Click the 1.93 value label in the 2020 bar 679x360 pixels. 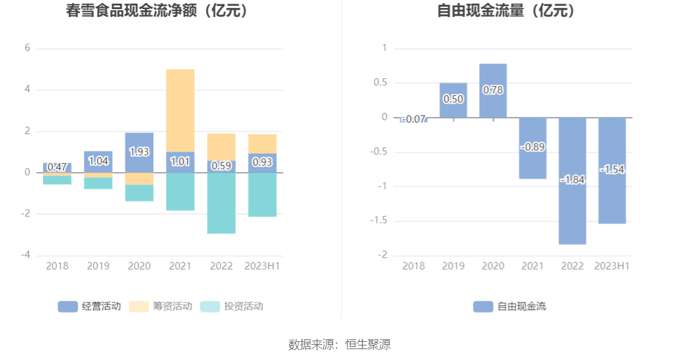pyautogui.click(x=139, y=152)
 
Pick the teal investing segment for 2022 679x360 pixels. pyautogui.click(x=221, y=203)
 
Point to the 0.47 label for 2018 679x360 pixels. pyautogui.click(x=57, y=167)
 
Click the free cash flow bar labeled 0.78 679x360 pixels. pyautogui.click(x=493, y=90)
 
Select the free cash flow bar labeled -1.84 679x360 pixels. pyautogui.click(x=572, y=181)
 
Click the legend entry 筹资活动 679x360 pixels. pyautogui.click(x=161, y=307)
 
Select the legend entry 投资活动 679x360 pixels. pyautogui.click(x=232, y=307)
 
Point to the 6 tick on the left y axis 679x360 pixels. pyautogui.click(x=27, y=48)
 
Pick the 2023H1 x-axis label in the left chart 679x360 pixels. pyautogui.click(x=263, y=266)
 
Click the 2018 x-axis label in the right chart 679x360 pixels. pyautogui.click(x=414, y=266)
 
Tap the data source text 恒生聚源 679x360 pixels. pyautogui.click(x=368, y=345)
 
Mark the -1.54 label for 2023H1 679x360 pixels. pyautogui.click(x=612, y=170)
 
